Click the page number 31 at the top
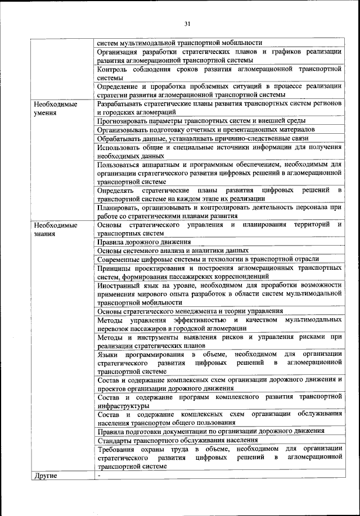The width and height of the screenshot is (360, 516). click(x=187, y=23)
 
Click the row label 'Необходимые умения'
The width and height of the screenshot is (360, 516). click(x=55, y=108)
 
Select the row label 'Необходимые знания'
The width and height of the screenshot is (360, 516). click(x=55, y=229)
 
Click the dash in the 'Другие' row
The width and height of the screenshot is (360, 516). click(x=98, y=476)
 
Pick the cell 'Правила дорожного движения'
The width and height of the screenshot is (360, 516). click(x=143, y=242)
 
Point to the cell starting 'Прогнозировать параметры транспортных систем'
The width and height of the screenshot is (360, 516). click(x=201, y=120)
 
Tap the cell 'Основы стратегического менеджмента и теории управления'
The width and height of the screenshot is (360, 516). click(x=198, y=311)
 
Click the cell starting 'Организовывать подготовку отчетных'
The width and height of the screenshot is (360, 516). click(x=205, y=129)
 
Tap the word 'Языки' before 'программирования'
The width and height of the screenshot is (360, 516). click(x=107, y=354)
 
